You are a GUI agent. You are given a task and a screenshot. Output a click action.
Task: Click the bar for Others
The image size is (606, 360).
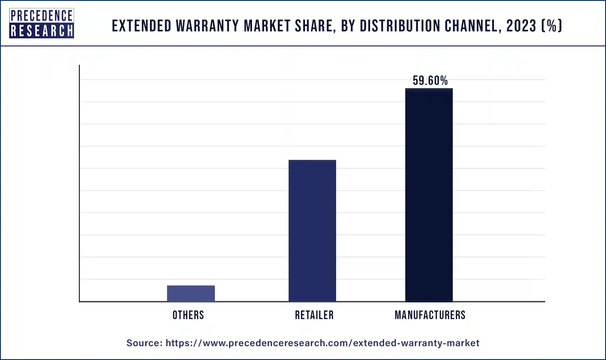point(191,293)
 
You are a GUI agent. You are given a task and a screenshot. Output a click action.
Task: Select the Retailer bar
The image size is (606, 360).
point(312,230)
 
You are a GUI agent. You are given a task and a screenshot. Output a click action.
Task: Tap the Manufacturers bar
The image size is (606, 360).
point(429,195)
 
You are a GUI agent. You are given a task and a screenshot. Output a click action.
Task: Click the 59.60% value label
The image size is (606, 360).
point(430,81)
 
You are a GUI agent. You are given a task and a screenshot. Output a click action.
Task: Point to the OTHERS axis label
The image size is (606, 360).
point(188,315)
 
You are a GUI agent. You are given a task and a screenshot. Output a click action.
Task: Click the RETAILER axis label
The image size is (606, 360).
point(314,315)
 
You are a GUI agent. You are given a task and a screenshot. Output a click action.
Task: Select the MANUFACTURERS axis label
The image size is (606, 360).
point(430,315)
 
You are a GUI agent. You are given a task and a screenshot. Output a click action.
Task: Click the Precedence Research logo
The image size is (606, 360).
point(41,23)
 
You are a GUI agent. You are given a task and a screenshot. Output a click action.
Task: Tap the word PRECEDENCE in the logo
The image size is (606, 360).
point(41,16)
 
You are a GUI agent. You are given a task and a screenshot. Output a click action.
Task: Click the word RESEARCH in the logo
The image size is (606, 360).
point(41,31)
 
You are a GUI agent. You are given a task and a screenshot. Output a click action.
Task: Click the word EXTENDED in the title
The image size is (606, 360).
point(141,26)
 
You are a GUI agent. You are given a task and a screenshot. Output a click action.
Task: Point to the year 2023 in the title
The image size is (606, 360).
point(521,26)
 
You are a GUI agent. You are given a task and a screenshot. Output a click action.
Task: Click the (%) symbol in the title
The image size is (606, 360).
point(552,26)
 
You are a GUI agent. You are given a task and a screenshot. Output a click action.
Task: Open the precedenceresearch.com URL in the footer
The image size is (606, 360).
point(322,343)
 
